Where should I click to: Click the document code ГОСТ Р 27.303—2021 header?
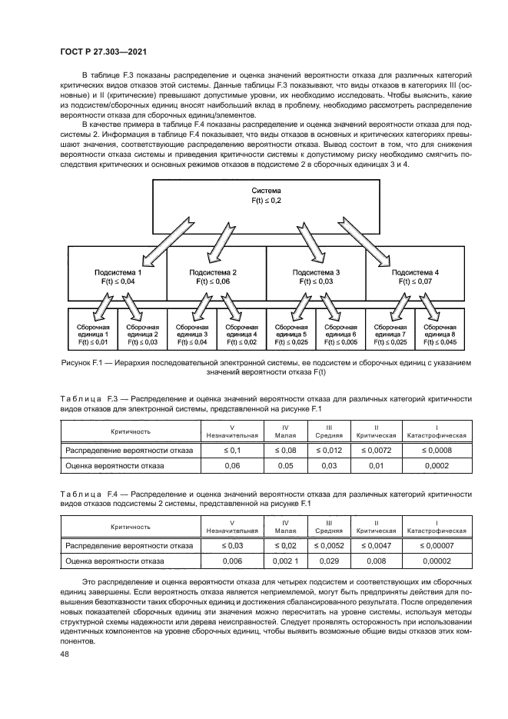[104, 52]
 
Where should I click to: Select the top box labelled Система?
[266, 195]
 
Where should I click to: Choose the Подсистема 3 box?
[315, 278]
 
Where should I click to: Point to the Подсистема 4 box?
[415, 278]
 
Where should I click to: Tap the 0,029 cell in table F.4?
[329, 562]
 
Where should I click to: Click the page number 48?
[64, 654]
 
